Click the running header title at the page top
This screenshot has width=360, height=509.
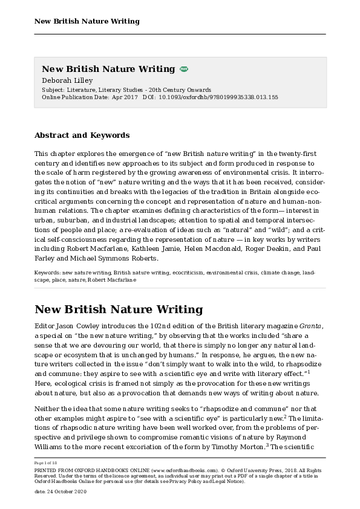tap(87, 21)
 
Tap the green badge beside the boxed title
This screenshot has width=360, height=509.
tap(184, 70)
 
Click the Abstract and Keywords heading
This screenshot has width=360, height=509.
tap(82, 135)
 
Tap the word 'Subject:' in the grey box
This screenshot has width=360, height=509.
tap(54, 89)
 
